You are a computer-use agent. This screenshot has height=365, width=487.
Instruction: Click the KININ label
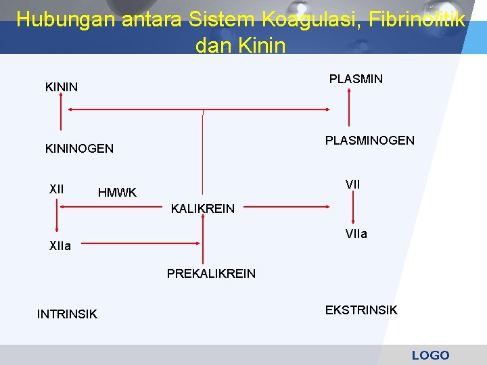61,87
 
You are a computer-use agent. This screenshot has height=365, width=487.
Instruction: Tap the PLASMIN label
356,79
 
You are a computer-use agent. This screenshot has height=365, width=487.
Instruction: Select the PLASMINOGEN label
369,141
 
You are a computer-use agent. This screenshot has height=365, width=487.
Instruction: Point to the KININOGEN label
79,148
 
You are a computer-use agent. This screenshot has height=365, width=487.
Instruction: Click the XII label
57,189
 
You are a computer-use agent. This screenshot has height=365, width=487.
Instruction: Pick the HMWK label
117,193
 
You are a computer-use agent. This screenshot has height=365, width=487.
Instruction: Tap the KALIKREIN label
203,209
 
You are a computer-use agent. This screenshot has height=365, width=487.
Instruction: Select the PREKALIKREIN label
211,274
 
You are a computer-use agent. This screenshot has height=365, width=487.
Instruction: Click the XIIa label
60,246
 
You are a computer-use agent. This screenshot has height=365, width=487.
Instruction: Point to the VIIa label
356,234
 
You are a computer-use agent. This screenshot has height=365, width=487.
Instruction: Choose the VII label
352,184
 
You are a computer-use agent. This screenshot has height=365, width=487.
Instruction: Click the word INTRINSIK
67,314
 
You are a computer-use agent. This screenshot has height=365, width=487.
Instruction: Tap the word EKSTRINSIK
361,310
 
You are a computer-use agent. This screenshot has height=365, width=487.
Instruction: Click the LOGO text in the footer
430,355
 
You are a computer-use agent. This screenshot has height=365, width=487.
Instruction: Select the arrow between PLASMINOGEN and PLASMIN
349,109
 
